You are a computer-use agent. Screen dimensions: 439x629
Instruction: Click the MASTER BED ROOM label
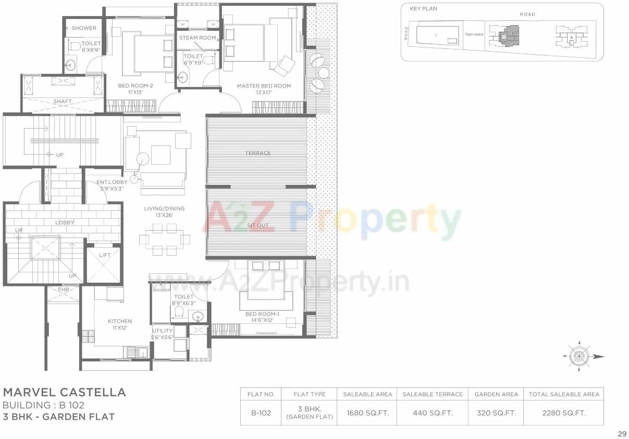pyautogui.click(x=264, y=86)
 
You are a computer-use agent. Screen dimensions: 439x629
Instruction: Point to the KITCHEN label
pyautogui.click(x=120, y=321)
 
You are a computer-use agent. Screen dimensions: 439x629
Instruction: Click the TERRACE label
pyautogui.click(x=258, y=153)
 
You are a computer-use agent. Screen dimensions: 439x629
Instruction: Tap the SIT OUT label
pyautogui.click(x=257, y=225)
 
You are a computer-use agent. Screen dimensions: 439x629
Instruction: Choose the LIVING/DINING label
pyautogui.click(x=165, y=209)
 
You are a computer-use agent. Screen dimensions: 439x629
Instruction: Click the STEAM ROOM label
pyautogui.click(x=198, y=38)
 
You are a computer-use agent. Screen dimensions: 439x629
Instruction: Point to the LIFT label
pyautogui.click(x=104, y=255)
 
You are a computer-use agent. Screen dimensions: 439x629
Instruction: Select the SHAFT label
pyautogui.click(x=63, y=102)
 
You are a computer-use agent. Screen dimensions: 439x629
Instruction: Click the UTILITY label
pyautogui.click(x=162, y=331)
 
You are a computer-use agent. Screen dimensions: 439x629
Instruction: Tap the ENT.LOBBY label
pyautogui.click(x=112, y=182)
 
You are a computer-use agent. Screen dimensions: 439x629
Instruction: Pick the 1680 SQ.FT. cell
pyautogui.click(x=367, y=413)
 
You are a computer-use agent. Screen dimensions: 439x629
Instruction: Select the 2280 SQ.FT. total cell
pyautogui.click(x=564, y=413)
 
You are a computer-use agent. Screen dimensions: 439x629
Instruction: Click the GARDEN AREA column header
pyautogui.click(x=496, y=394)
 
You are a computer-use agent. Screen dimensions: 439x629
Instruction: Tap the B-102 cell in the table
pyautogui.click(x=261, y=413)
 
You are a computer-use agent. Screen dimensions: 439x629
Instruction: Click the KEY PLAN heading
pyautogui.click(x=423, y=9)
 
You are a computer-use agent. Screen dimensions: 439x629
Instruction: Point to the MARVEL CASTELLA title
pyautogui.click(x=65, y=392)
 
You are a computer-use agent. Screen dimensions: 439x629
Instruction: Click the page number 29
pyautogui.click(x=621, y=433)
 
